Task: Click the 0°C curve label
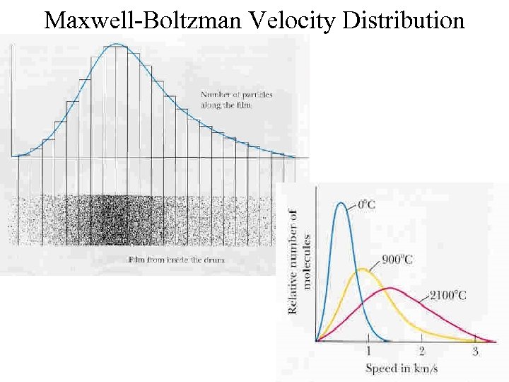point(366,204)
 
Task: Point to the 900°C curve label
point(397,259)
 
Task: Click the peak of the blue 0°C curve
point(342,204)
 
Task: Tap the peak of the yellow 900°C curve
point(363,270)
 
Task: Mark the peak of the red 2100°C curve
point(390,288)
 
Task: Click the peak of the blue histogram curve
point(117,45)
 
